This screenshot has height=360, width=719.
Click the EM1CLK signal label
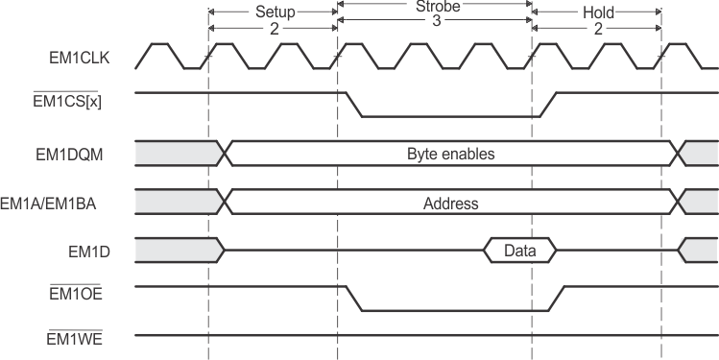pos(80,58)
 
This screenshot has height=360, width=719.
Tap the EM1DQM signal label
pos(80,153)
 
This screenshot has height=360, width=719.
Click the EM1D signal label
pos(93,251)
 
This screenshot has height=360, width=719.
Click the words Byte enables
pos(450,153)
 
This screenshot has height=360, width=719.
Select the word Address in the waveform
pos(450,204)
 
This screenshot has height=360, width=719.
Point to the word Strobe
pos(435,5)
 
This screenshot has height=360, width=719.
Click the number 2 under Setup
pos(274,29)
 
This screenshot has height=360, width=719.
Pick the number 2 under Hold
pos(598,29)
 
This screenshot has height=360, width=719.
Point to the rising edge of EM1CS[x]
pos(546,105)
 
